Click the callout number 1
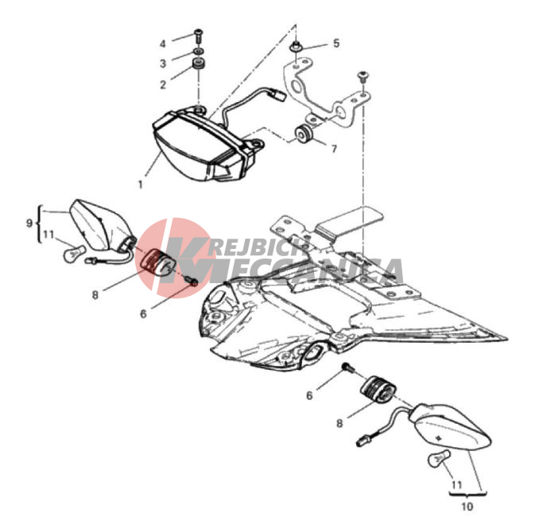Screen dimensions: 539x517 pos(140,185)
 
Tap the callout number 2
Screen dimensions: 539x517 pos(163,84)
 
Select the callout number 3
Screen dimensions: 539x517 pos(163,64)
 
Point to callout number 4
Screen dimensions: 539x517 pos(163,44)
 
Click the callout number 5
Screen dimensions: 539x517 pos(336,43)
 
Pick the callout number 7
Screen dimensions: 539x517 pos(334,149)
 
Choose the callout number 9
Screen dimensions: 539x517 pos(29,224)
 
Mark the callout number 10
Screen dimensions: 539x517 pos(467,507)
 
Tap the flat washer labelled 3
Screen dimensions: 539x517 pos(198,52)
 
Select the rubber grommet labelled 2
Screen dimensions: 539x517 pos(198,64)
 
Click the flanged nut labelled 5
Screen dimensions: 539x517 pos(295,46)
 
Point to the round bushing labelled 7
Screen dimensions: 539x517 pos(304,134)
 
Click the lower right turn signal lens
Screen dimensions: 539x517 pos(450,429)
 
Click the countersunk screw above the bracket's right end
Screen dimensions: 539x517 pos(363,76)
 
